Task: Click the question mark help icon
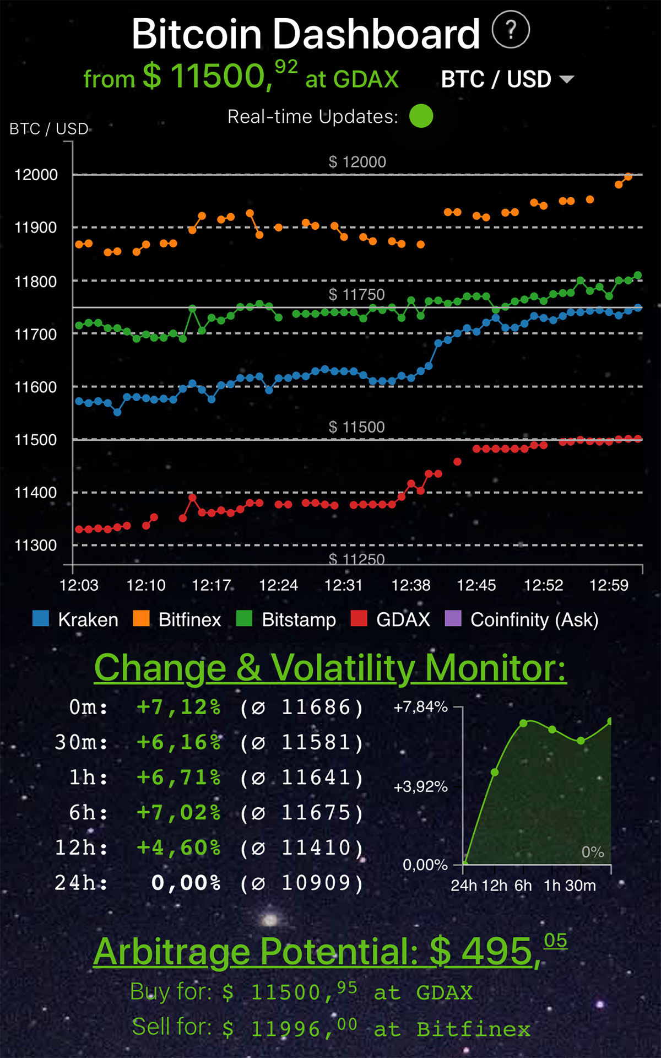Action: tap(511, 30)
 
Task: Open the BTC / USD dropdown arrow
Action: tap(566, 79)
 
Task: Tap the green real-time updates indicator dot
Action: tap(421, 116)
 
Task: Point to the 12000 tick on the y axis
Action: tap(36, 175)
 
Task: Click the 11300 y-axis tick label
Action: tap(36, 545)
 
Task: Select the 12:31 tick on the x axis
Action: tap(344, 585)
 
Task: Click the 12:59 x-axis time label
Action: tap(609, 585)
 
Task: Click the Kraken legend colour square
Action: tap(41, 619)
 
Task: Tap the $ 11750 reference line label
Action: tap(356, 295)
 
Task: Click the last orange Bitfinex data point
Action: tap(628, 177)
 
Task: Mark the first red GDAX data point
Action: tap(79, 529)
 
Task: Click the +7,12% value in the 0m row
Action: tap(179, 707)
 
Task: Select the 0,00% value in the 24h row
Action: tap(186, 883)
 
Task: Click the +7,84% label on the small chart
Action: tap(420, 707)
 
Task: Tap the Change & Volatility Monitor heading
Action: tap(330, 668)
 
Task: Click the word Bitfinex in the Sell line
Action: tap(473, 1029)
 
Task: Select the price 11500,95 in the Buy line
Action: tap(304, 992)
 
